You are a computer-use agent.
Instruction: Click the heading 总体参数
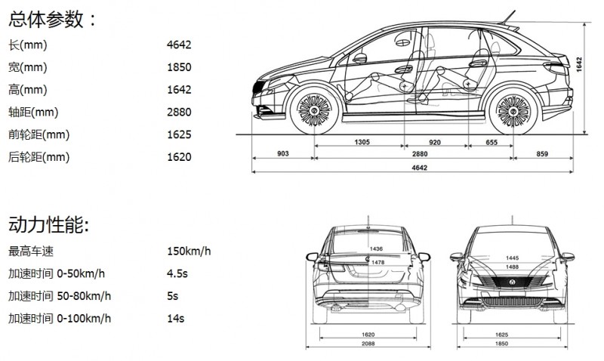tap(46, 20)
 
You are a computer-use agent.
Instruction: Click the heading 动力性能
tap(46, 224)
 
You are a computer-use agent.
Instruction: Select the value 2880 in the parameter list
tap(179, 112)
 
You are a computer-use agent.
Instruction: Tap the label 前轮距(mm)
tap(39, 135)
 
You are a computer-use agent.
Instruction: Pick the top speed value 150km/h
tap(189, 251)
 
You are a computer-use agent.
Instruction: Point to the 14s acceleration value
tap(176, 319)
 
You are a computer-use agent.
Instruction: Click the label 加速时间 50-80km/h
tap(60, 296)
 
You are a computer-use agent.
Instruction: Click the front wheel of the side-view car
tap(314, 111)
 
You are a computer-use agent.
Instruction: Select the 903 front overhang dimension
tap(283, 154)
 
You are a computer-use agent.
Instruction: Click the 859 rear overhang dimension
tap(542, 154)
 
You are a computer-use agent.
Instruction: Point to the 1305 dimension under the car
tap(362, 142)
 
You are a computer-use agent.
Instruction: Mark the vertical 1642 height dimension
tap(579, 64)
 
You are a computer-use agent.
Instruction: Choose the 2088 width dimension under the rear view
tap(368, 344)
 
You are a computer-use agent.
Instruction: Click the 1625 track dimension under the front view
tap(501, 335)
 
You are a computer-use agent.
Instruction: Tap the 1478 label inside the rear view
tap(378, 262)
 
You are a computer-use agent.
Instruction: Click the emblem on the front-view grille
tap(512, 282)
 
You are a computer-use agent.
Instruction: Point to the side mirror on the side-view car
tap(360, 58)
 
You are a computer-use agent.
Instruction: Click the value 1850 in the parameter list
tap(179, 67)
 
